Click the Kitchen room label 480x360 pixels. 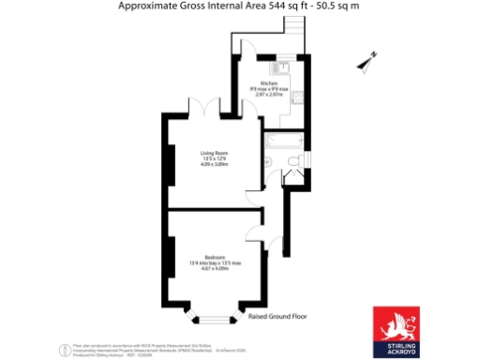[269, 83]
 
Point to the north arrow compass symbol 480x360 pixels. [367, 62]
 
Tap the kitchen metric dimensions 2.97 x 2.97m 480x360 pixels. [269, 95]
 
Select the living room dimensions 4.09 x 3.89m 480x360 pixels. [215, 166]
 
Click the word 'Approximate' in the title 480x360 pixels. [146, 7]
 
